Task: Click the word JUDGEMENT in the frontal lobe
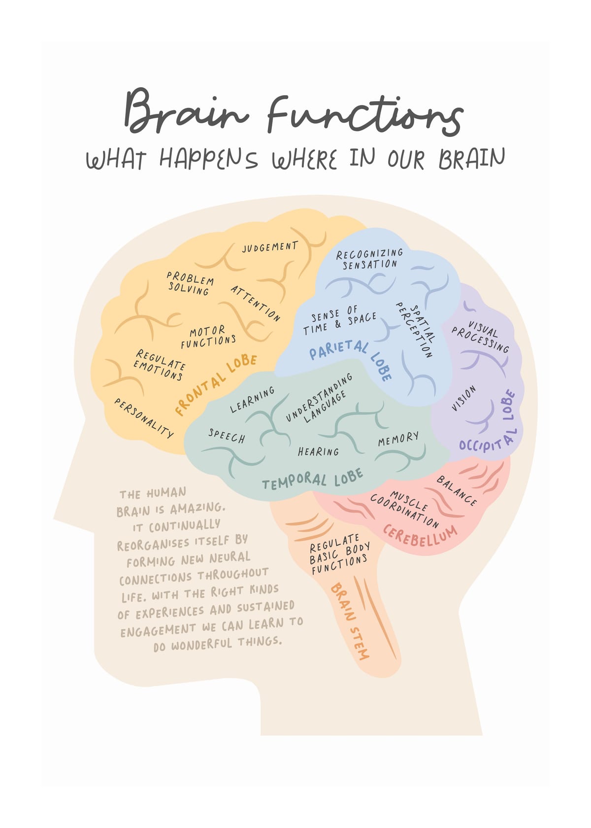(x=270, y=246)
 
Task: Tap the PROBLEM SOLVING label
(x=190, y=283)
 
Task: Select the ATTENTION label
(x=255, y=304)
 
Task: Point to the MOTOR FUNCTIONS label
(x=208, y=337)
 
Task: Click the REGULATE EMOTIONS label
(x=159, y=365)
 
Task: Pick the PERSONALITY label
(x=143, y=418)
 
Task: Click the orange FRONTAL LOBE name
(x=215, y=385)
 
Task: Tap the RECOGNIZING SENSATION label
(x=369, y=259)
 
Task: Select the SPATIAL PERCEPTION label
(x=416, y=330)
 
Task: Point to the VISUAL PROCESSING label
(x=480, y=336)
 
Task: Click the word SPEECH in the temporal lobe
(x=227, y=436)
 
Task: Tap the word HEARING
(x=318, y=451)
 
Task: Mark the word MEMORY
(x=398, y=439)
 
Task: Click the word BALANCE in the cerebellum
(x=457, y=490)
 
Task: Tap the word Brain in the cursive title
(x=186, y=111)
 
